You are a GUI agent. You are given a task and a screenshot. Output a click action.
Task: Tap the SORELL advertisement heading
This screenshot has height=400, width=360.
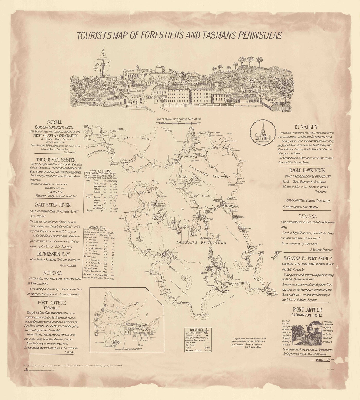pos(54,122)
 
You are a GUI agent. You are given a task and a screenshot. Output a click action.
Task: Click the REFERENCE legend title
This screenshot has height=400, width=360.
pos(197,330)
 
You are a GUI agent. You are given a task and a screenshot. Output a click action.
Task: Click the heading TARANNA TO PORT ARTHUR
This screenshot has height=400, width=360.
pos(308,259)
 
